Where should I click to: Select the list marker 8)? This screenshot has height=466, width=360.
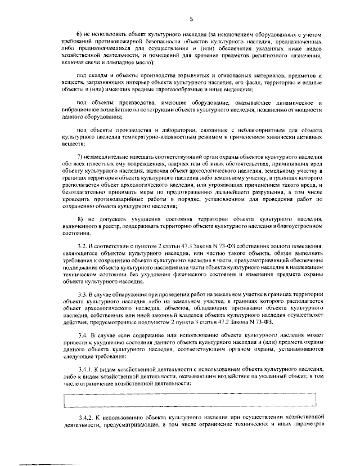(80, 218)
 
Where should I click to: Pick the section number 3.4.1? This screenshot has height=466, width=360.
(85, 368)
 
